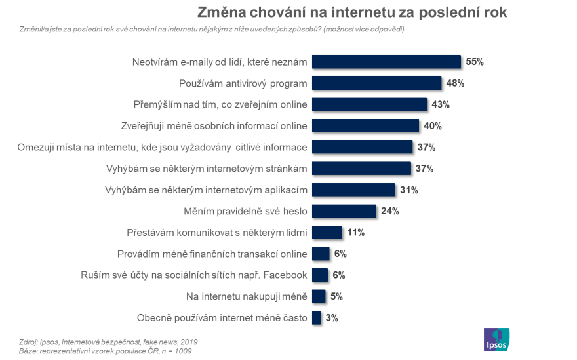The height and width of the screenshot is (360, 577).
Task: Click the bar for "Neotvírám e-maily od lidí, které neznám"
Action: [x=386, y=62]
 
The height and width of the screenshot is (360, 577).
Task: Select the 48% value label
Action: [x=456, y=83]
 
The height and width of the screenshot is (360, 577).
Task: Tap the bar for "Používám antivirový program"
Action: [x=376, y=83]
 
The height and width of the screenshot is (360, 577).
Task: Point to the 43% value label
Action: [x=441, y=104]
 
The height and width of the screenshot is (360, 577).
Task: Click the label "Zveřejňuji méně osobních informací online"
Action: [x=214, y=126]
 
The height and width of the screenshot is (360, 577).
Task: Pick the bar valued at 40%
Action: [x=365, y=126]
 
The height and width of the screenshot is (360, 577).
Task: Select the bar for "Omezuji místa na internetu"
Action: [x=362, y=147]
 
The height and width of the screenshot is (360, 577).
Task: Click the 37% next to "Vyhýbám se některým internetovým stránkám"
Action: [x=424, y=169]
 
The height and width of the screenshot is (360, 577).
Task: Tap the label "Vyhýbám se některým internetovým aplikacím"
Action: [x=206, y=190]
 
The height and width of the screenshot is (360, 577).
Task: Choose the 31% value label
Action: [x=409, y=190]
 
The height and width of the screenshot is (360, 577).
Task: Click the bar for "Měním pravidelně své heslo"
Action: [x=344, y=211]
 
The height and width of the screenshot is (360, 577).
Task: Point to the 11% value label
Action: [x=355, y=232]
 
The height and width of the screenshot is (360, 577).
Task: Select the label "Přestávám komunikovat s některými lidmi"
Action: [x=216, y=232]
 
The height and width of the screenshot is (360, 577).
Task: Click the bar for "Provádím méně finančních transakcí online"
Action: [x=321, y=254]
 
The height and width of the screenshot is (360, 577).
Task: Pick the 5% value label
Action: [x=336, y=296]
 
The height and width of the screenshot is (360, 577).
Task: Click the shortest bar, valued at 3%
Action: [x=316, y=317]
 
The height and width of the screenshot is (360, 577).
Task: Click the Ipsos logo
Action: [x=496, y=339]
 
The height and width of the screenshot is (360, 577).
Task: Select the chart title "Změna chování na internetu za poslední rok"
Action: [x=353, y=12]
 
